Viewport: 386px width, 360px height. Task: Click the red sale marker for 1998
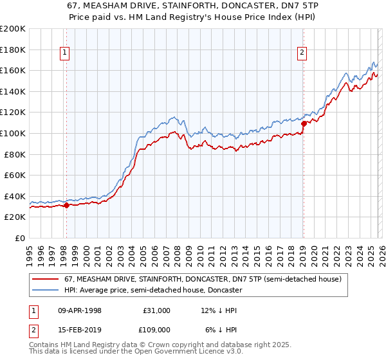click(x=66, y=206)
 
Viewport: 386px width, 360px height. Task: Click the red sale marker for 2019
click(x=304, y=124)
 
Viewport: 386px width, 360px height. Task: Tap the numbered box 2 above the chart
click(x=302, y=53)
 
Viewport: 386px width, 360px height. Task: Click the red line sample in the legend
click(x=46, y=280)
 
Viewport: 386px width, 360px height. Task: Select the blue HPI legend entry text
click(x=153, y=291)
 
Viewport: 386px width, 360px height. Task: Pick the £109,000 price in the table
click(x=156, y=329)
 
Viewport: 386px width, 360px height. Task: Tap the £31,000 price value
click(x=156, y=310)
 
